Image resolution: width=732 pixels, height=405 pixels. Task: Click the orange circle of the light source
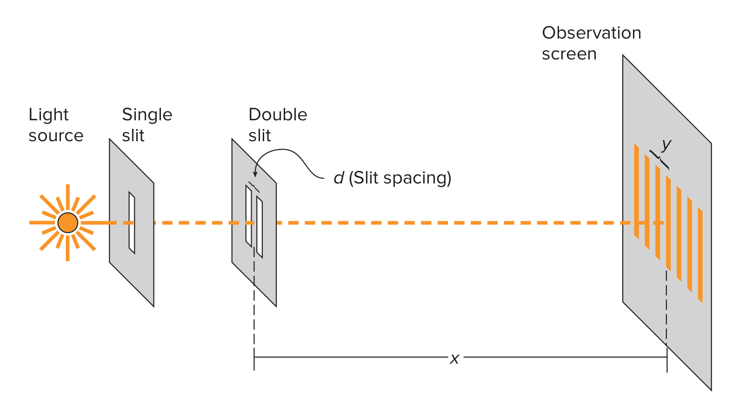point(67,223)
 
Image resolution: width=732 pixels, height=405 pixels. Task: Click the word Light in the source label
point(48,115)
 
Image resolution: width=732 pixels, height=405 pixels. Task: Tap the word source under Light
point(56,136)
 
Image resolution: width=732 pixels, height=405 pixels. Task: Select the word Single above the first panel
point(147,115)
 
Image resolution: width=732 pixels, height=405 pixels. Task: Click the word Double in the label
point(278,115)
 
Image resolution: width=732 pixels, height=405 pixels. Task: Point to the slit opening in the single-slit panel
point(132,223)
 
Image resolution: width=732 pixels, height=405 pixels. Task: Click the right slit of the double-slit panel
point(260,228)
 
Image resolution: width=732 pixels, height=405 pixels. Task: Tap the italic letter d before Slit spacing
point(339,178)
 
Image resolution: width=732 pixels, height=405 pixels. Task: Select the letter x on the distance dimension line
point(454,358)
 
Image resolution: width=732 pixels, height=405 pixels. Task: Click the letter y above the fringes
point(666,144)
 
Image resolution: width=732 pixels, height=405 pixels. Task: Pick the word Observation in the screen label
point(592,33)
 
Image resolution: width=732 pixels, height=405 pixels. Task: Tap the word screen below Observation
point(569,54)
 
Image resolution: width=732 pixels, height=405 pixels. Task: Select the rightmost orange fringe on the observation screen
point(700,255)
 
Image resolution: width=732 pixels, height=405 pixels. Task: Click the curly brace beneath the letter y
point(660,159)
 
